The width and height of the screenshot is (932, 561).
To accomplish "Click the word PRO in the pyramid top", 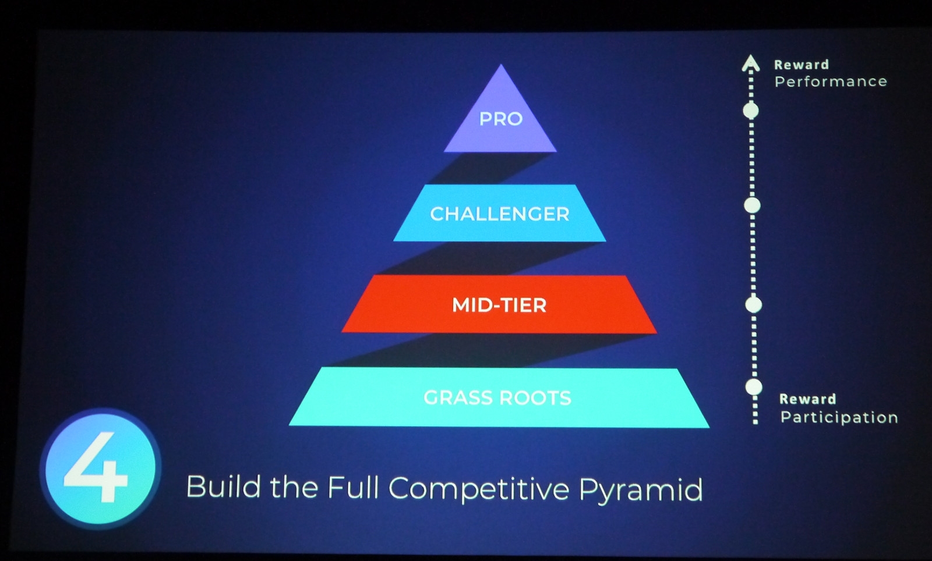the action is (500, 119).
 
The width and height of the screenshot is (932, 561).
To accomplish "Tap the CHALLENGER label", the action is (499, 214).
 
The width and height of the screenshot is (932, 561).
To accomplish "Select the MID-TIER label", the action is (499, 306).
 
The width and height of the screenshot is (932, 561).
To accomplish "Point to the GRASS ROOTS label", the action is (497, 397).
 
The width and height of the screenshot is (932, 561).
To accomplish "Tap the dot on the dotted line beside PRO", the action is (751, 111).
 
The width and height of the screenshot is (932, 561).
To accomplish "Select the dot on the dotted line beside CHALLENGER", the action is (752, 205).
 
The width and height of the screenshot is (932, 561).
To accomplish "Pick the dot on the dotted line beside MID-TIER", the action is (753, 304).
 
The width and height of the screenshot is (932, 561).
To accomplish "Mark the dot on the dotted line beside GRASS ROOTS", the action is (754, 387).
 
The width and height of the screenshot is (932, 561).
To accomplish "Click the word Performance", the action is (831, 81).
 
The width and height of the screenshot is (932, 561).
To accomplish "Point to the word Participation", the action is (839, 417).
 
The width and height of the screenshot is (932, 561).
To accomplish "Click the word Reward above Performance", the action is (802, 65).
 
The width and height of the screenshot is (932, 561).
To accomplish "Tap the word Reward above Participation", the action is (807, 399).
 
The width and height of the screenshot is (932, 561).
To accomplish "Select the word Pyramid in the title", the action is (641, 489).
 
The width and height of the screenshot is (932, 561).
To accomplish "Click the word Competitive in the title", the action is (478, 489).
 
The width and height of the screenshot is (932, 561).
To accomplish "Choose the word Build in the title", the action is (224, 486).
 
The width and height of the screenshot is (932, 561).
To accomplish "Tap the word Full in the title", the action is (353, 487).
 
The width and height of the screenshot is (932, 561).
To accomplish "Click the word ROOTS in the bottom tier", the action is (535, 398).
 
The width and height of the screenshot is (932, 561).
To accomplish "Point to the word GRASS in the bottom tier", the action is (457, 397).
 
